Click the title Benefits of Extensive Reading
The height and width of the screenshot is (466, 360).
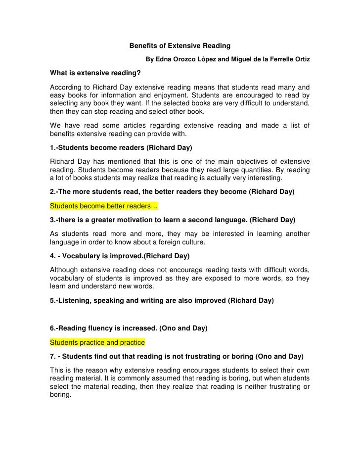[x=180, y=46]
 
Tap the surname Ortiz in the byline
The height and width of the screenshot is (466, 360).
[x=300, y=60]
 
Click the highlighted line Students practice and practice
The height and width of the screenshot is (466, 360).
[x=97, y=342]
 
